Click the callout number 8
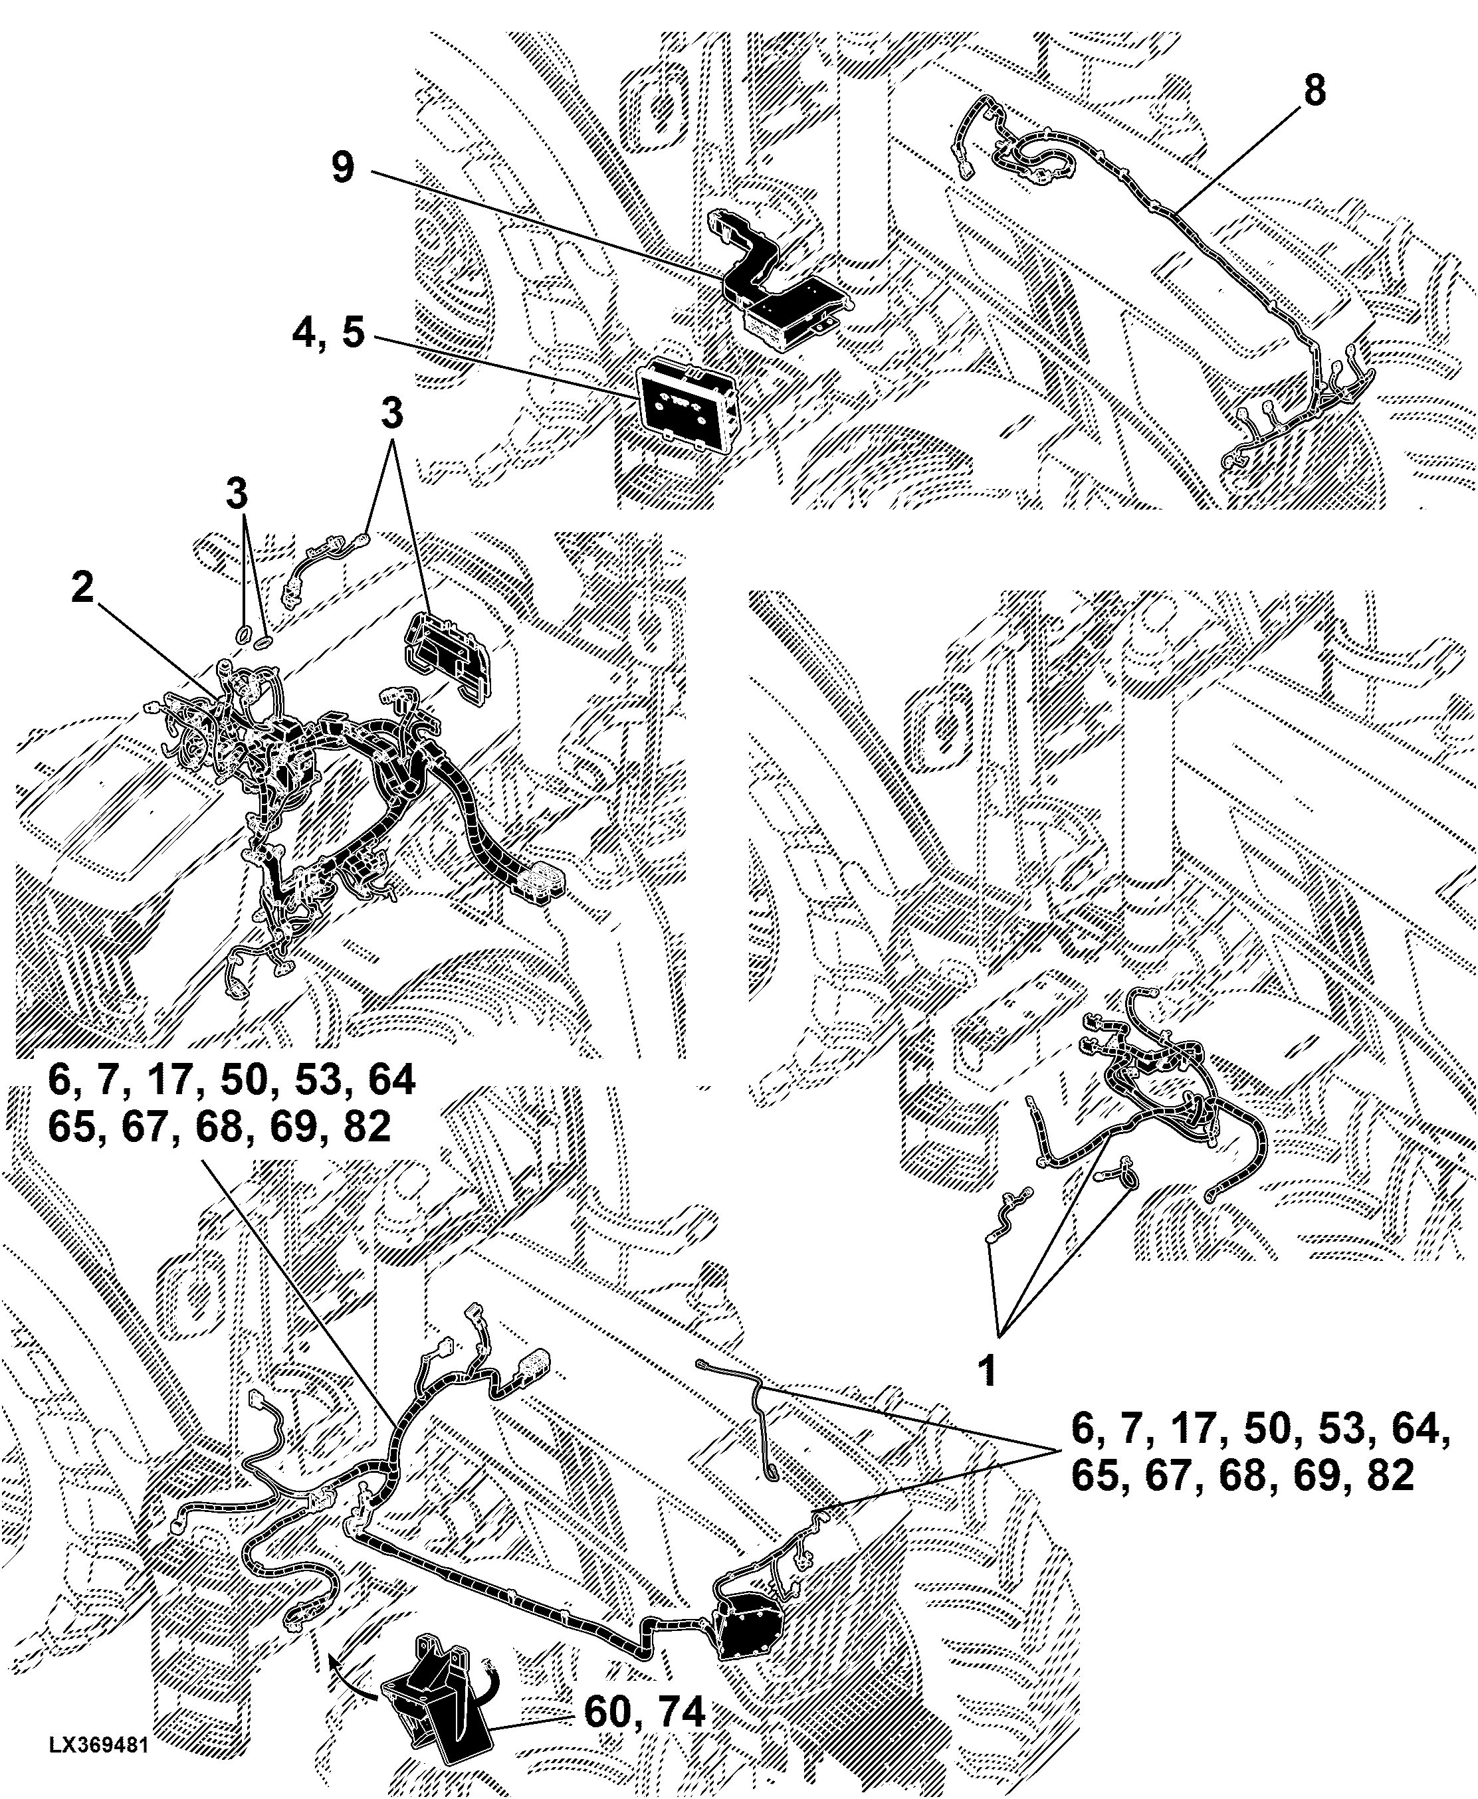point(1315,90)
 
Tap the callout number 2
point(82,587)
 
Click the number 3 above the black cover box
point(391,415)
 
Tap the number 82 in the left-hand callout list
point(361,1127)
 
